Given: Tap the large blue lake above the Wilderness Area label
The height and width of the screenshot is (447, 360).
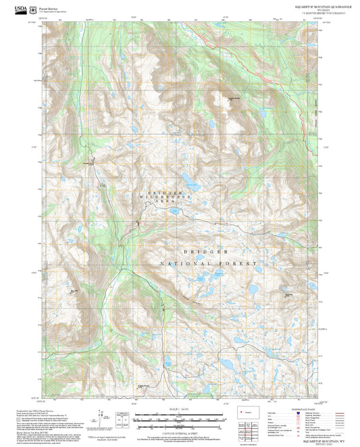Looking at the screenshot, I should pos(192,184).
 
